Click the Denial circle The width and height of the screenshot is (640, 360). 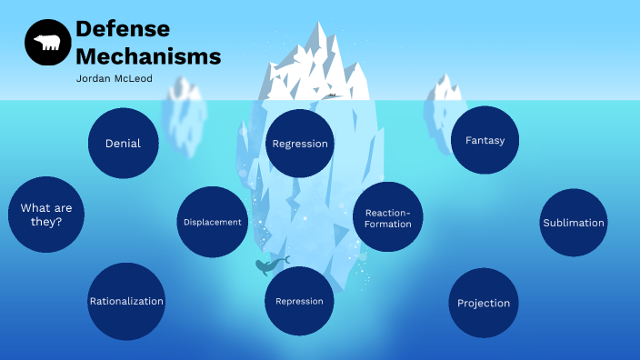pos(123,143)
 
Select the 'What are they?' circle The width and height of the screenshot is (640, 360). pos(46,214)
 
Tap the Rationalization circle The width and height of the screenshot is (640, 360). pos(126,301)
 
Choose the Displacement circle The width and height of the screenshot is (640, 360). pos(212,222)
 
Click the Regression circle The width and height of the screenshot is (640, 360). pos(300,144)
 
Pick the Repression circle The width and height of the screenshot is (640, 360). pos(299,301)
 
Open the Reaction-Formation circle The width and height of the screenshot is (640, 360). pos(388,217)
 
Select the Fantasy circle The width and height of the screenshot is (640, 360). pos(485,140)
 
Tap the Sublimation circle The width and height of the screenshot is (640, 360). pos(573,223)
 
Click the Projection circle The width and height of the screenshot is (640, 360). pos(483,303)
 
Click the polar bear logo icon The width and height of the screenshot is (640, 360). pos(48,43)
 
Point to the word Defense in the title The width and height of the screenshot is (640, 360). pos(116,28)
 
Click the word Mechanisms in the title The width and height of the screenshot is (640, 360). pos(148,55)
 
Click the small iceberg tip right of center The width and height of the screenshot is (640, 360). pos(445,88)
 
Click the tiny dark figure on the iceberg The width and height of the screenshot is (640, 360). pos(332,95)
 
